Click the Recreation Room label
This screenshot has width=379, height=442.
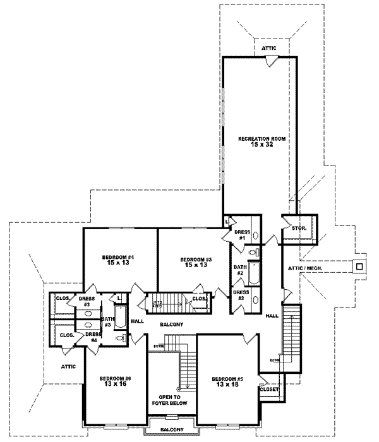(x=259, y=138)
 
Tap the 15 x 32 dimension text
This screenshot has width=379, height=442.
(x=259, y=145)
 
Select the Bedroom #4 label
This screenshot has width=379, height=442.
(x=120, y=258)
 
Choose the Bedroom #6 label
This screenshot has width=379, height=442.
(x=115, y=378)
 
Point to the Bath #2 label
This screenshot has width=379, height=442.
(x=240, y=270)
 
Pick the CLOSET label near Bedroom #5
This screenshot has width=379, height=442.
(x=268, y=390)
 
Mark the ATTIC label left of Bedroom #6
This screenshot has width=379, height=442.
(x=69, y=366)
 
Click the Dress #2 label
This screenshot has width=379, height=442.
(x=240, y=295)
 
